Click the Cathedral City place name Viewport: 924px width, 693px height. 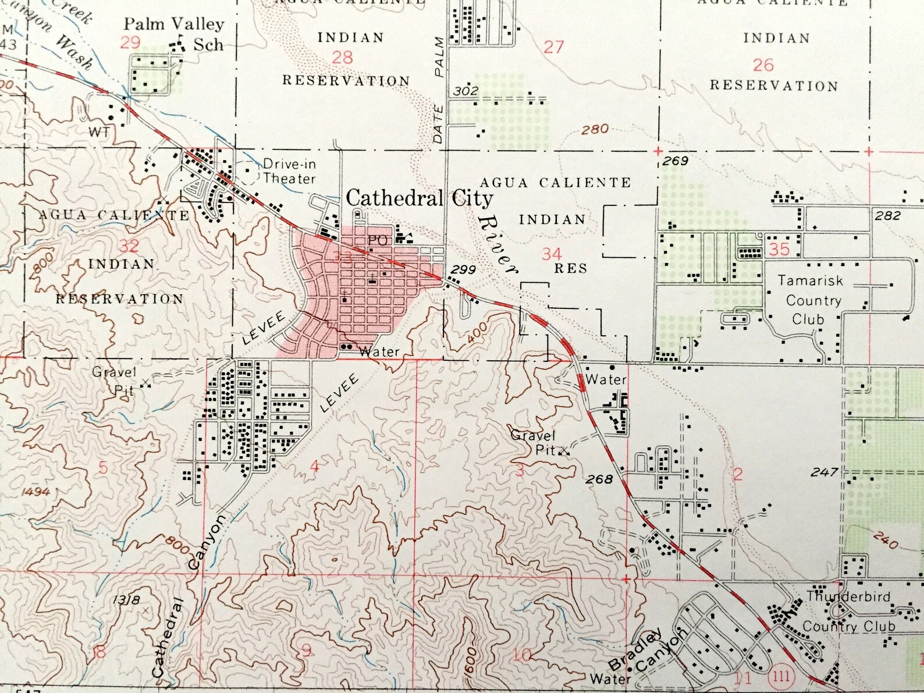click(420, 198)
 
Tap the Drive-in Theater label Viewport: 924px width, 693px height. click(289, 172)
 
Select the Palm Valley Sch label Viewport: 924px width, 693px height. click(174, 34)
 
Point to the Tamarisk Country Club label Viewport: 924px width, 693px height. click(811, 300)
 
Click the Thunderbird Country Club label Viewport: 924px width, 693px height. click(848, 612)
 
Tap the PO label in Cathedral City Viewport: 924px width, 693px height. click(377, 240)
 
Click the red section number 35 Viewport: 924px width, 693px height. click(779, 249)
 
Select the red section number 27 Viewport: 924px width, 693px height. click(553, 47)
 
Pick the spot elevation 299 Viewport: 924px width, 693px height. click(463, 269)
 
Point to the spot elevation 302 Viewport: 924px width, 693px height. click(465, 91)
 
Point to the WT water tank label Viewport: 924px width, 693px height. click(99, 132)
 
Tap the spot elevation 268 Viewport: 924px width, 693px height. click(599, 479)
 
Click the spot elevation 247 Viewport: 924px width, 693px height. click(825, 472)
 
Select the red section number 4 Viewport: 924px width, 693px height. click(314, 466)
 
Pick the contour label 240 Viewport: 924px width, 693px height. click(885, 542)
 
